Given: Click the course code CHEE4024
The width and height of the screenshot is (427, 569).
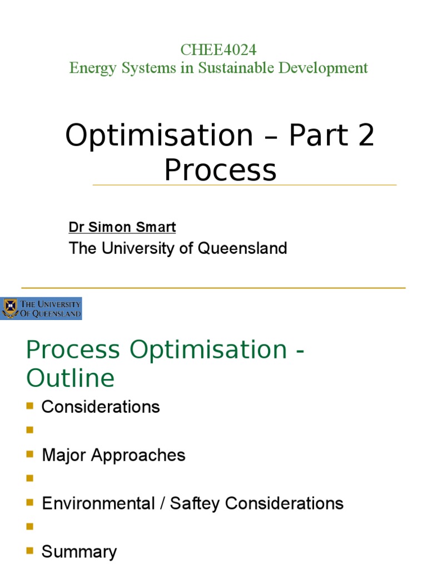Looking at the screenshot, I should point(218,49).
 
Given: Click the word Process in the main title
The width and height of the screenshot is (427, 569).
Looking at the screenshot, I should point(220,169).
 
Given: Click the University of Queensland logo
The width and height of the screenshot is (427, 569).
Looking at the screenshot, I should point(42,308).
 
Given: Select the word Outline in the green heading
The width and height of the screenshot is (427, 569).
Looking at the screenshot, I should point(71,378).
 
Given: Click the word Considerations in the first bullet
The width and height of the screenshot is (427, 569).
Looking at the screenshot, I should point(101,407).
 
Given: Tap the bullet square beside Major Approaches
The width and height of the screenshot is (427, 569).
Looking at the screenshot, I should point(30,455).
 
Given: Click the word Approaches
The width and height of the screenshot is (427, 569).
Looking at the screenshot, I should point(138,455).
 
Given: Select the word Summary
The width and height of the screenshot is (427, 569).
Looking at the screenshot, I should point(80,552).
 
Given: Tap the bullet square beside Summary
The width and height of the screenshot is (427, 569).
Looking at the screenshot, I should point(30,551).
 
